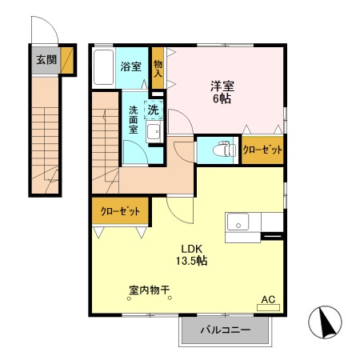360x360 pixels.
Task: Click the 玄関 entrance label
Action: pos(46,60)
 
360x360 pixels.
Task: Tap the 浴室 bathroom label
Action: pos(130,66)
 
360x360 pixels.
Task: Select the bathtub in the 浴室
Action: pos(103,67)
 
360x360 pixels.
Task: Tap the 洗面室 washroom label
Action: pos(134,118)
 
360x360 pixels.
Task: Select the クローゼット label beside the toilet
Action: pos(262,150)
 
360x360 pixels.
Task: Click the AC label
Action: pos(268,301)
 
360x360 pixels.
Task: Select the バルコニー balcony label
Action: pos(225,330)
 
